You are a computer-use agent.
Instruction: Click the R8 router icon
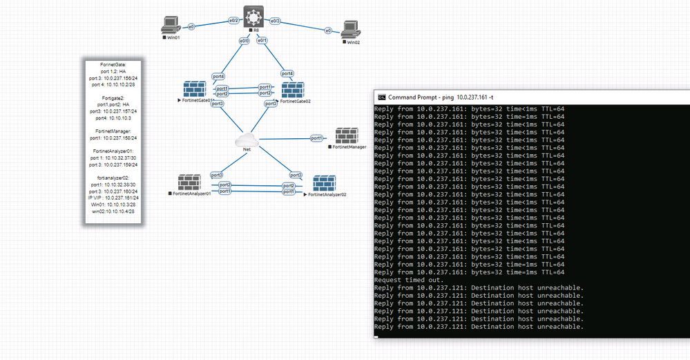pos(253,15)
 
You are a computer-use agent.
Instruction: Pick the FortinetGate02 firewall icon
pos(293,89)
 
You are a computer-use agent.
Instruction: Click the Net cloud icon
pos(246,138)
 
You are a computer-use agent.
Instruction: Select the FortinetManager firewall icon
pos(347,135)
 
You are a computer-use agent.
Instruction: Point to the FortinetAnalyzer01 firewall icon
pos(189,182)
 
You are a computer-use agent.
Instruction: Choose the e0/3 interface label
pos(276,21)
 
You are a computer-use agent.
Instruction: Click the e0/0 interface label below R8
pos(244,41)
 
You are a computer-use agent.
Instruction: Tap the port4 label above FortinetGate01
pos(218,76)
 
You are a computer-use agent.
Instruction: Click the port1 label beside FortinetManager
pos(317,138)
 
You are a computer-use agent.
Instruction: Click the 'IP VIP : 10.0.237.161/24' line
pos(111,198)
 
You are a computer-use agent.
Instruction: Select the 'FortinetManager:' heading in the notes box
pos(111,130)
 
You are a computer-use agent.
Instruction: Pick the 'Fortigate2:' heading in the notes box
pos(111,97)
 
